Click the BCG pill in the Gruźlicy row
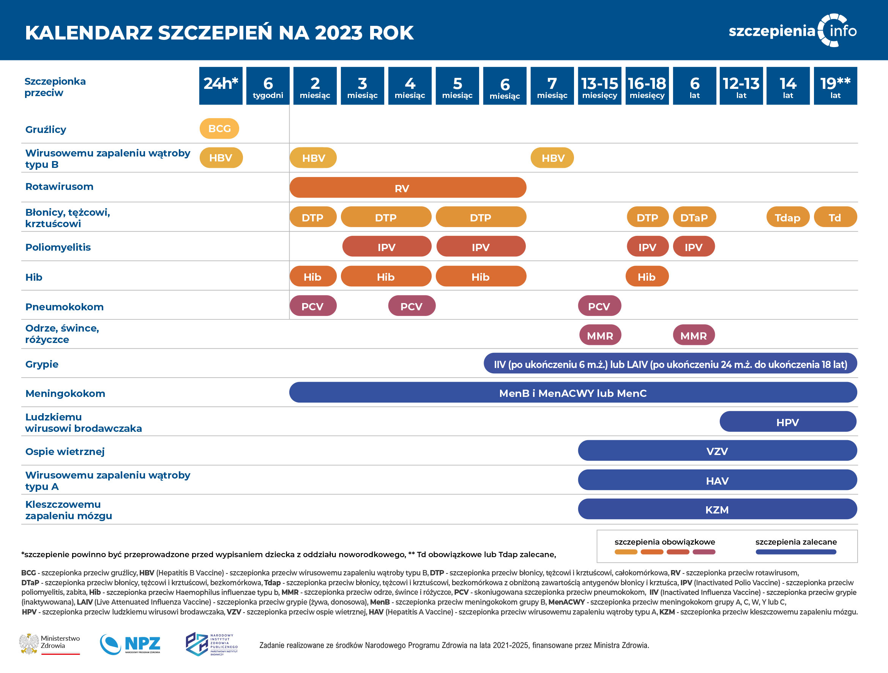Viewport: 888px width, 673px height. pyautogui.click(x=219, y=128)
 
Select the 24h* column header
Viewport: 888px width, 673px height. pyautogui.click(x=221, y=85)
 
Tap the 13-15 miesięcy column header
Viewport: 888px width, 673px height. pyautogui.click(x=599, y=85)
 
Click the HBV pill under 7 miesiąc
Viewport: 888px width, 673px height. pyautogui.click(x=552, y=158)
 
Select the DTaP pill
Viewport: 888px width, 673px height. pyautogui.click(x=694, y=217)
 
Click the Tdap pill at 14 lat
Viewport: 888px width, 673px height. pyautogui.click(x=788, y=217)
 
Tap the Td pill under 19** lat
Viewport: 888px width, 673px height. pyautogui.click(x=835, y=217)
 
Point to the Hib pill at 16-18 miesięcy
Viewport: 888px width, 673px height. pyautogui.click(x=647, y=276)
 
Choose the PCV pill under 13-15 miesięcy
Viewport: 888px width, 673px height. pyautogui.click(x=599, y=306)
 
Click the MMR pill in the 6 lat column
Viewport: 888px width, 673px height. pyautogui.click(x=694, y=335)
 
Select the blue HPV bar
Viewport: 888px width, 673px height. pyautogui.click(x=788, y=422)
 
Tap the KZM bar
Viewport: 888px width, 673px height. pyautogui.click(x=717, y=509)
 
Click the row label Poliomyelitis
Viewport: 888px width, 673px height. pyautogui.click(x=58, y=247)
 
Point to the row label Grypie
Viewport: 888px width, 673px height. pyautogui.click(x=42, y=364)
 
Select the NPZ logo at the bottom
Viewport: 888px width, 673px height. pyautogui.click(x=131, y=644)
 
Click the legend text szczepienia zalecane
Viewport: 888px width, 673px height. pyautogui.click(x=796, y=542)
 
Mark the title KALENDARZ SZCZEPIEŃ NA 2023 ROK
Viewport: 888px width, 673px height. pyautogui.click(x=219, y=33)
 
